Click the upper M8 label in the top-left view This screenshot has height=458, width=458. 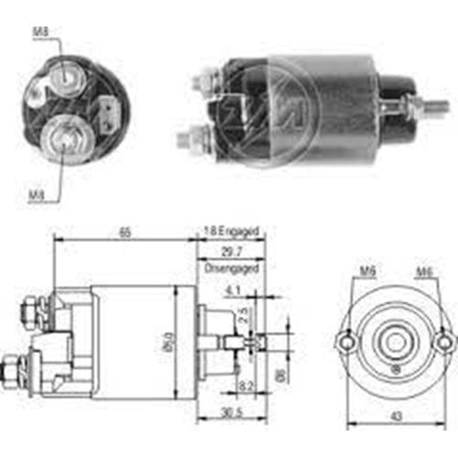tap(40, 34)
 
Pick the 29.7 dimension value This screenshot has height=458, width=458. tap(231, 250)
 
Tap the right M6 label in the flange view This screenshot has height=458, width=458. tap(425, 273)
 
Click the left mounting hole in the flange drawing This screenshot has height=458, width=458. tap(348, 343)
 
